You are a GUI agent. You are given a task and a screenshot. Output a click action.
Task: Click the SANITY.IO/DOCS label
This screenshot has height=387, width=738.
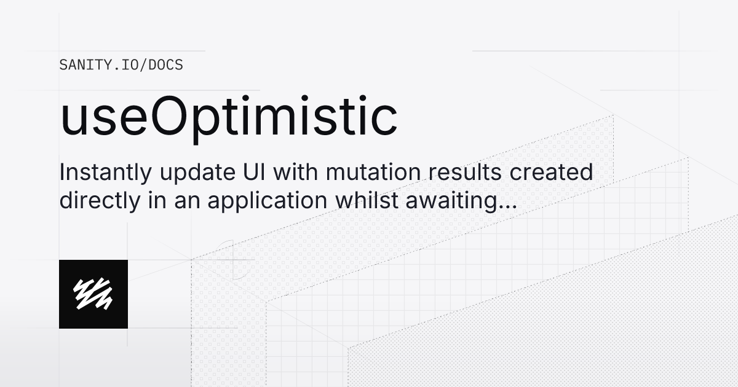point(121,64)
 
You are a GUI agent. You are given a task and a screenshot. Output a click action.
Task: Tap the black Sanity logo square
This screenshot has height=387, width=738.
point(93,294)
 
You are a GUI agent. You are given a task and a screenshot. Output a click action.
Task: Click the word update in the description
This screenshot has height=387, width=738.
point(185,174)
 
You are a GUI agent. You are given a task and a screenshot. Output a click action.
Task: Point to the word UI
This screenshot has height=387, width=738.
point(250,173)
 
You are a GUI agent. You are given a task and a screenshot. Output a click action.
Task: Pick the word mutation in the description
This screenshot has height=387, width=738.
point(370,173)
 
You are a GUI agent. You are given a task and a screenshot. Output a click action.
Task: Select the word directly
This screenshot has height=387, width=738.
point(97,201)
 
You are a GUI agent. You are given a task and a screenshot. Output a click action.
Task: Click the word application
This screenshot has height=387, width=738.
point(277,202)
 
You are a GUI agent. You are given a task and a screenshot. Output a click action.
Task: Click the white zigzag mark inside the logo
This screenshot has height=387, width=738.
point(93,294)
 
